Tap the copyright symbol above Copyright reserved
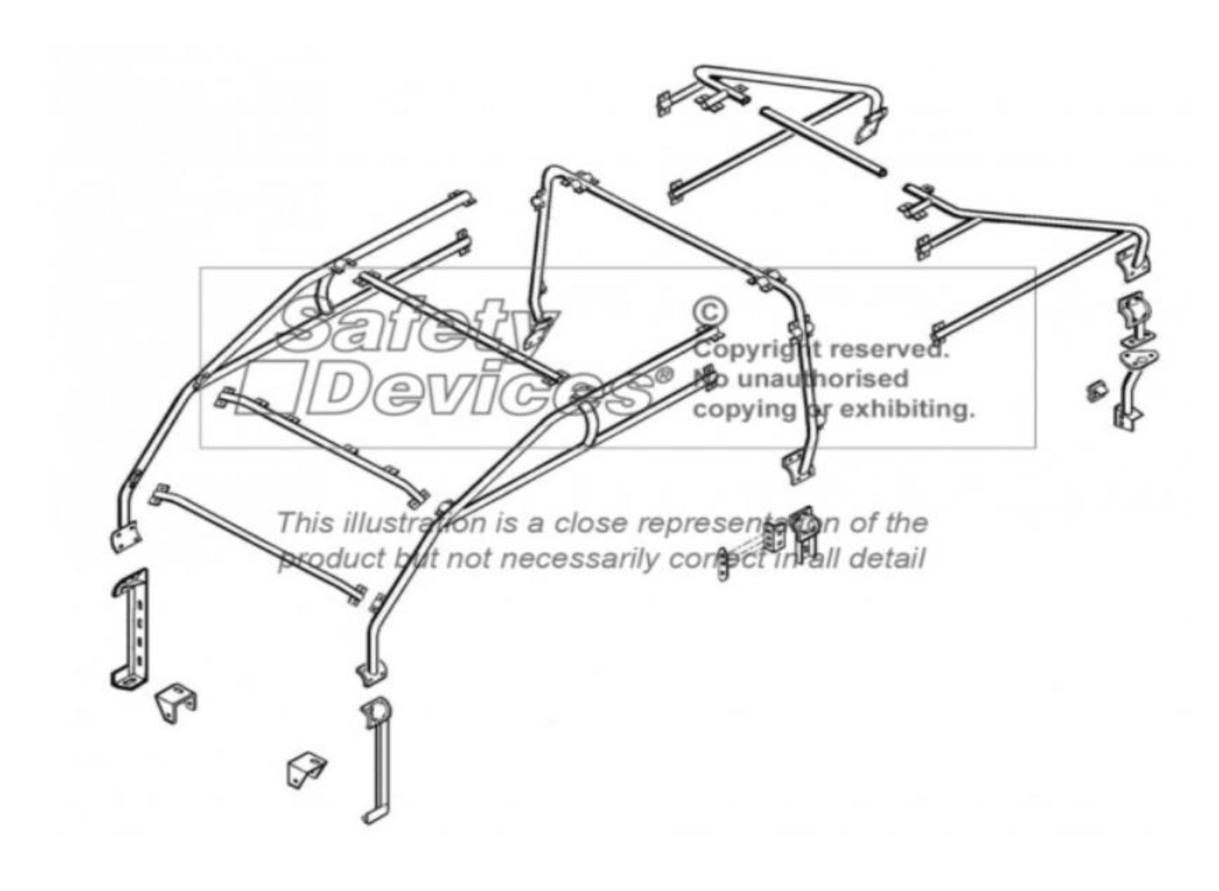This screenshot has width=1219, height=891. (710, 311)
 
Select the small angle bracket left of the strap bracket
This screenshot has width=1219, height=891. (305, 770)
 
